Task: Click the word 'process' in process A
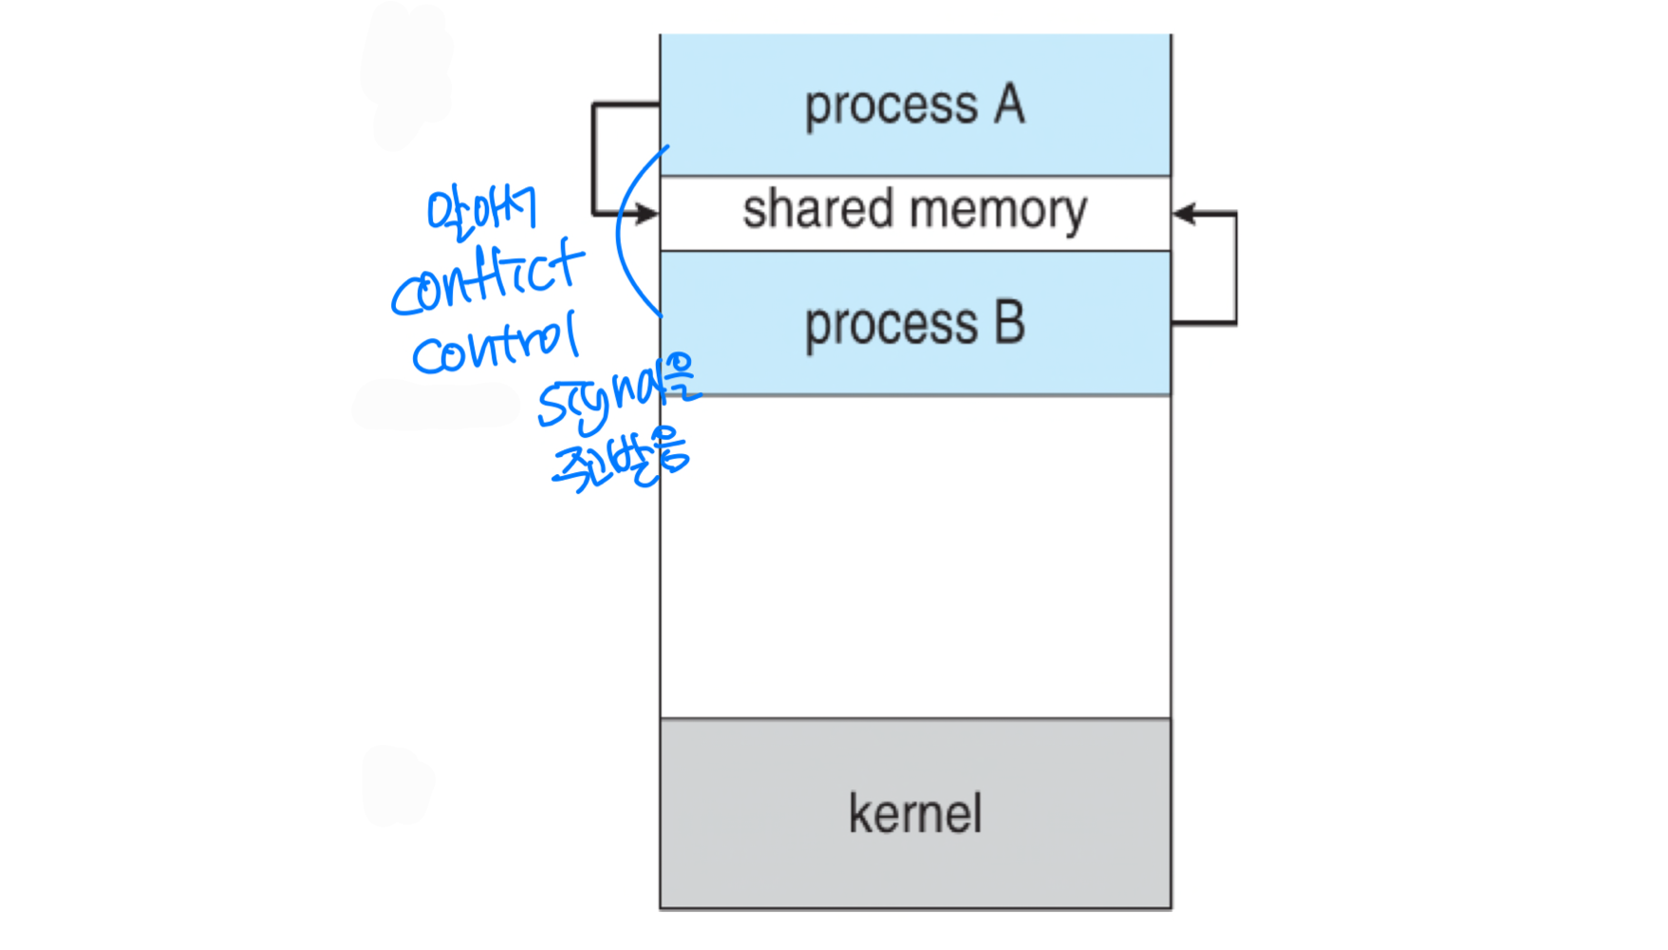(890, 106)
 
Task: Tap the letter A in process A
(1010, 104)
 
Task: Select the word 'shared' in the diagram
(817, 209)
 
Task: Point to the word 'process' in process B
(890, 326)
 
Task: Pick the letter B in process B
(1010, 323)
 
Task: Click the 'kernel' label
(915, 814)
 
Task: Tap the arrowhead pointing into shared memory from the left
(648, 214)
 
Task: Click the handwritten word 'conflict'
(486, 278)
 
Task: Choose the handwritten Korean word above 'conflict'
(481, 209)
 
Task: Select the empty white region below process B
(915, 556)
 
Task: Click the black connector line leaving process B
(1234, 285)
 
